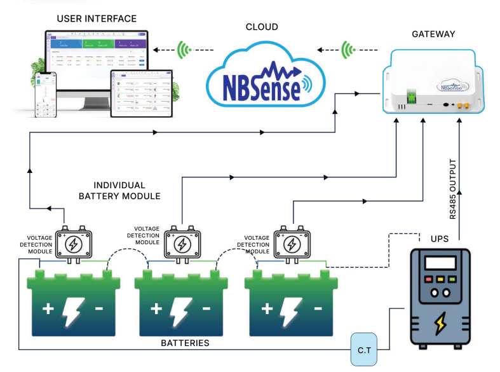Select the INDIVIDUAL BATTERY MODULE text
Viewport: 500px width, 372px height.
pyautogui.click(x=119, y=190)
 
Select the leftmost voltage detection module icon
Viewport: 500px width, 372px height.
pyautogui.click(x=73, y=243)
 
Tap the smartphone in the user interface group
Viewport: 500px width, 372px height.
pyautogui.click(x=44, y=95)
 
